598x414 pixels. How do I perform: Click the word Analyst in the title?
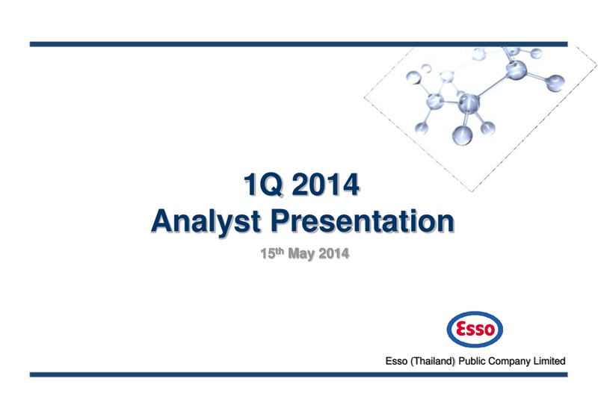(206, 221)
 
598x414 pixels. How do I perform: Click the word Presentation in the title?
(363, 220)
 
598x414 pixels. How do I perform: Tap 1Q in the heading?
(264, 185)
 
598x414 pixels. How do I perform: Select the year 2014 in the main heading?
(326, 185)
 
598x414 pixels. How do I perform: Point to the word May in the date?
(301, 254)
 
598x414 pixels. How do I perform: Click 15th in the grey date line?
(272, 253)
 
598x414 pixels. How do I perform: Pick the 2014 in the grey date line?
(333, 253)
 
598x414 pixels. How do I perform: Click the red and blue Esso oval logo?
(475, 330)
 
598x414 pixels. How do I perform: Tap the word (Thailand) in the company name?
(433, 361)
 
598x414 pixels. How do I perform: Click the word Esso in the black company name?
(396, 361)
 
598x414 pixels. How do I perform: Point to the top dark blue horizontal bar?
(298, 44)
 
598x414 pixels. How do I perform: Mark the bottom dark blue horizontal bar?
(298, 374)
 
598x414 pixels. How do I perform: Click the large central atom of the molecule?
(469, 103)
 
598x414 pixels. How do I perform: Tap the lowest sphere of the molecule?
(462, 135)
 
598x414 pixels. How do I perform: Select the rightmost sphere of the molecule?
(555, 83)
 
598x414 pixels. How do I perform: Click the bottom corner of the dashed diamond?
(472, 191)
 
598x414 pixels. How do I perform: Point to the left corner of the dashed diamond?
(365, 98)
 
